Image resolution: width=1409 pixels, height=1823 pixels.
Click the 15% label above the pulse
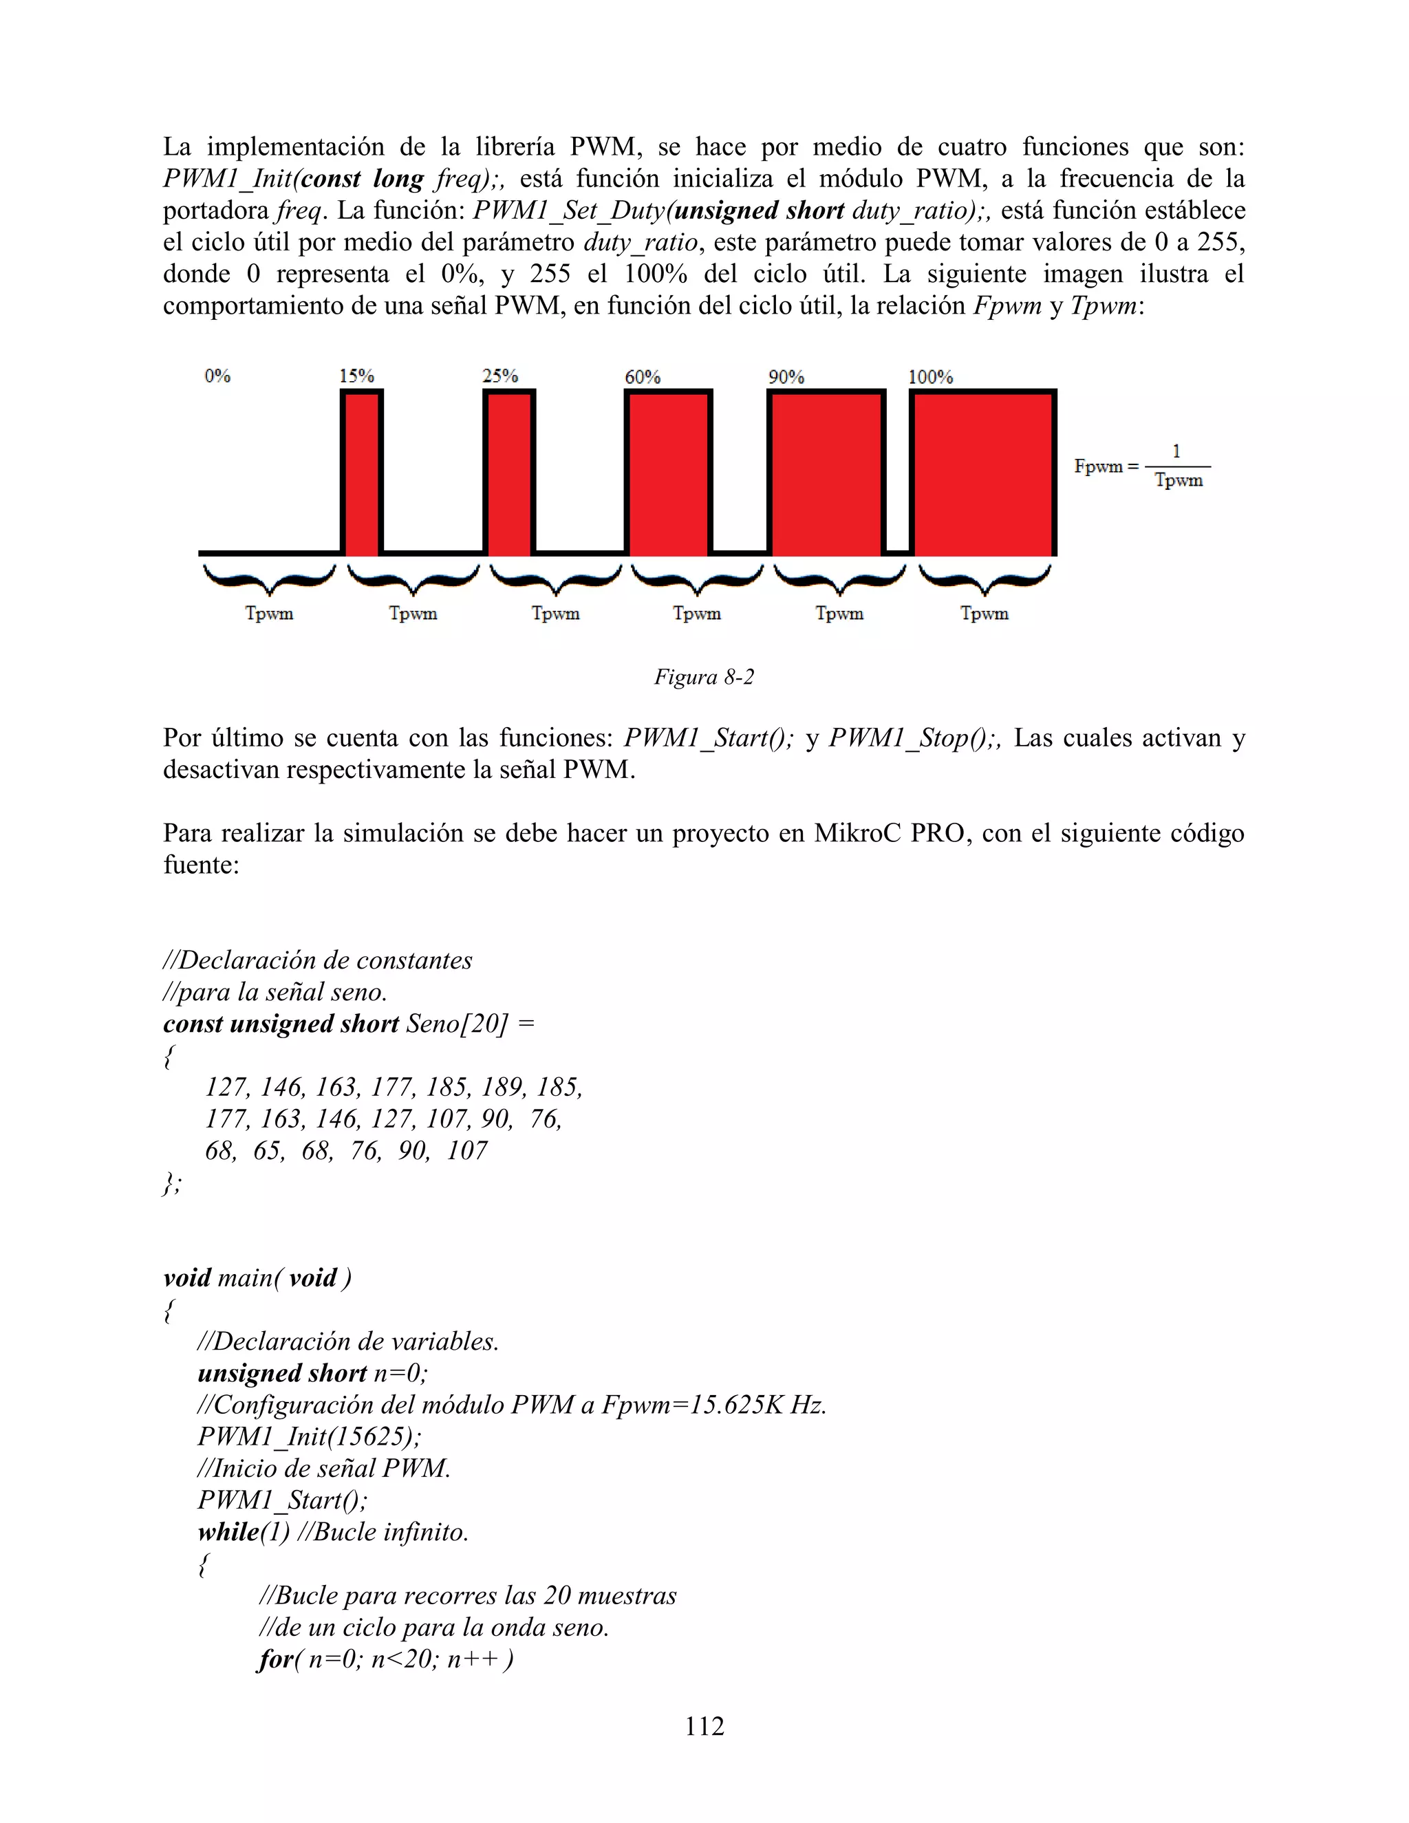[x=356, y=376]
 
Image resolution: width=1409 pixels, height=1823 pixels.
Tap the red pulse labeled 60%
[x=668, y=473]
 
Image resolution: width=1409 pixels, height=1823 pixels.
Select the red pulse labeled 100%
[x=982, y=473]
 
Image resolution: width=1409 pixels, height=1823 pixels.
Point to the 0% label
[x=217, y=376]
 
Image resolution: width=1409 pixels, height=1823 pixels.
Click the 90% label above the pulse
[x=786, y=376]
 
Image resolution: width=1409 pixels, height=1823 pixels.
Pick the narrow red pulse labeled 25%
[x=509, y=473]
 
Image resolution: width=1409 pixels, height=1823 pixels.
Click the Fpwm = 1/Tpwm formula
[x=1142, y=466]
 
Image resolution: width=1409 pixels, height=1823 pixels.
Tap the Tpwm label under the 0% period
[x=269, y=614]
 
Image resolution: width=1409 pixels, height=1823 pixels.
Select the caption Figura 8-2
[x=704, y=677]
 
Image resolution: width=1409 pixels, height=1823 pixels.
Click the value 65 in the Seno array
[x=267, y=1150]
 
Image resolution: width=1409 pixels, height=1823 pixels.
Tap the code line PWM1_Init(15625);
[x=310, y=1436]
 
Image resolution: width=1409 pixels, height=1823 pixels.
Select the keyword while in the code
[x=228, y=1532]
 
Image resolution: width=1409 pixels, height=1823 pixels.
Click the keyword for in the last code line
[x=275, y=1659]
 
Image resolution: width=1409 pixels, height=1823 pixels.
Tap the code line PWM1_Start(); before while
[x=282, y=1500]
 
